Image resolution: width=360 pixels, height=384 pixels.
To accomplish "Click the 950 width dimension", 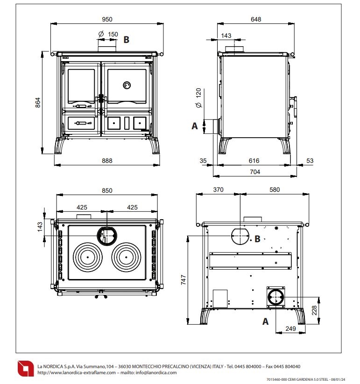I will (x=107, y=20).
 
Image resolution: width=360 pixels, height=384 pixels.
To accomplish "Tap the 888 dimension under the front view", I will (x=107, y=161).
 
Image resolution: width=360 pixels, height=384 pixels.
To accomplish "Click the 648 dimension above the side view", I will (x=255, y=20).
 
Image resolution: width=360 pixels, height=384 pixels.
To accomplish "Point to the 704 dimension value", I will (x=254, y=172).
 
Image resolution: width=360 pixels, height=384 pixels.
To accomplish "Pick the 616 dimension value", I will (x=254, y=161).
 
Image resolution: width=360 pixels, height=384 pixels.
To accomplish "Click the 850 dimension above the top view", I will (x=107, y=190).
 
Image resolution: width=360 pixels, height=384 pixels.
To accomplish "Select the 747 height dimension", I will (x=184, y=280).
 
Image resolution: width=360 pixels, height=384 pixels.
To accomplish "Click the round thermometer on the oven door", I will (x=127, y=85).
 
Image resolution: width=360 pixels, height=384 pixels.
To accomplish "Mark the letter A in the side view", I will (x=195, y=126).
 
